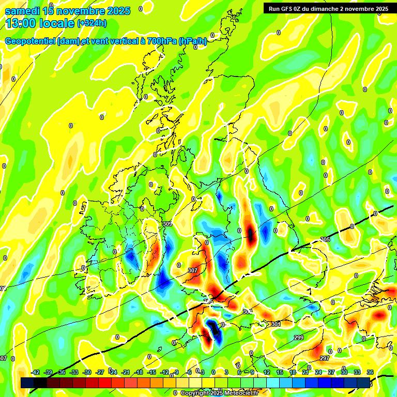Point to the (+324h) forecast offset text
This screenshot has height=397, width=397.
pos(92,23)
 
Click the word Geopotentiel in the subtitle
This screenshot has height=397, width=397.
pos(30,41)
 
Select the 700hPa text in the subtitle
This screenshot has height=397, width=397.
pos(161,41)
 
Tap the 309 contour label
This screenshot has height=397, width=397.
pos(167,224)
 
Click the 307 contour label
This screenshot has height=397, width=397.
pos(193,270)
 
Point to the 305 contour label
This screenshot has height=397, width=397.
pos(325,239)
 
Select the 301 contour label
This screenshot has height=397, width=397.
pos(276,324)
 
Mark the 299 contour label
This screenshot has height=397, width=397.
pos(298,338)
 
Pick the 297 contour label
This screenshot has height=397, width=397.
pos(325,358)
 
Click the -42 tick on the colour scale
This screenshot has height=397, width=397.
pos(36,372)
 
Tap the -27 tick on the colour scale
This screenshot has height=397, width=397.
pos(100,372)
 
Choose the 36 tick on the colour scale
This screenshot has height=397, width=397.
pos(370,372)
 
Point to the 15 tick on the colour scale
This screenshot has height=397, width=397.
pos(280,372)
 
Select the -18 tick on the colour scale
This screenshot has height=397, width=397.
pos(139,372)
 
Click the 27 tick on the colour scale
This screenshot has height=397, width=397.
pos(331,372)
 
